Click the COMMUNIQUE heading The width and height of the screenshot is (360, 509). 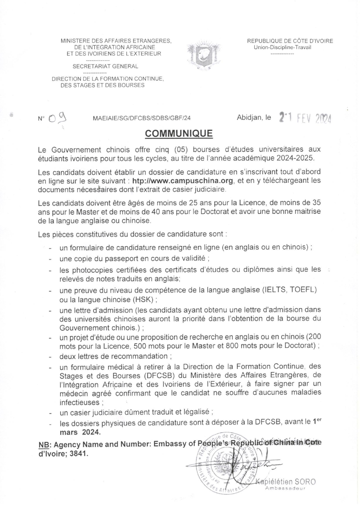pyautogui.click(x=179, y=133)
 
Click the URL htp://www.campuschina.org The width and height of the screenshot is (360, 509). pyautogui.click(x=183, y=181)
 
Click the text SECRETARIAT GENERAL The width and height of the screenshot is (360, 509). pyautogui.click(x=105, y=66)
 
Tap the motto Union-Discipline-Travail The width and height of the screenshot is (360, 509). pyautogui.click(x=282, y=48)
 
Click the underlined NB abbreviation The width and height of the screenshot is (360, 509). pyautogui.click(x=43, y=445)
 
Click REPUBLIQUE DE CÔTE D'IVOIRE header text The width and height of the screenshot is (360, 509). pyautogui.click(x=290, y=41)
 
